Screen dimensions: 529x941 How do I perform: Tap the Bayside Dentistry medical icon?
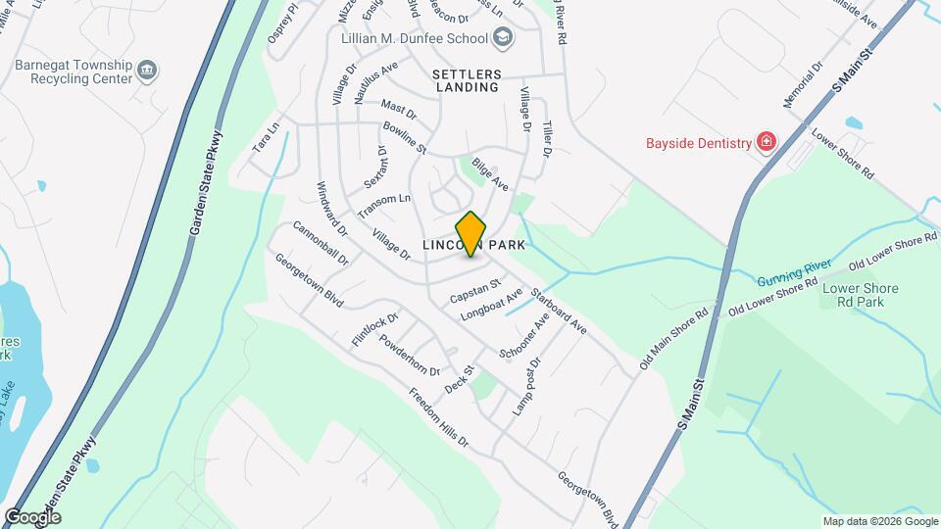[766, 143]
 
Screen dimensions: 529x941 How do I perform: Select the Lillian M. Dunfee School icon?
[503, 38]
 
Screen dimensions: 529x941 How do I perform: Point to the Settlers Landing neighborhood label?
[467, 80]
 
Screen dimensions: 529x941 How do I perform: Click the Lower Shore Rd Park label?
[860, 295]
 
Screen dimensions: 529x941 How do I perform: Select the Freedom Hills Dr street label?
[439, 420]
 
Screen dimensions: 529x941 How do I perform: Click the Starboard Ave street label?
[558, 311]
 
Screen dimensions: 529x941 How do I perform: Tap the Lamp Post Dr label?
[526, 387]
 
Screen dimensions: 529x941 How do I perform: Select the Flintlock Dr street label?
[375, 329]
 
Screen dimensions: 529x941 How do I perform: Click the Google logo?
[32, 516]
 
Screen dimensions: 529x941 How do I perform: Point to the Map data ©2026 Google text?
[879, 521]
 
